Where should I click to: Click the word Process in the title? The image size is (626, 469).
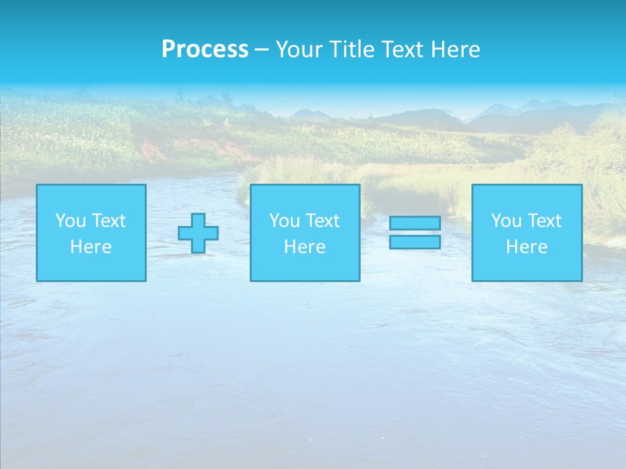pos(205,50)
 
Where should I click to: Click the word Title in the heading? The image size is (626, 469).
pos(350,50)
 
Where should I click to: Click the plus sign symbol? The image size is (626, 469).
pos(198,233)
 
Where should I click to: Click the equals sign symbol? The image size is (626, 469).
pos(415,233)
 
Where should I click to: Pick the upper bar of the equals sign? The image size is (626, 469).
pos(415,223)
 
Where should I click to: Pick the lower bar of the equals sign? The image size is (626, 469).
pos(415,242)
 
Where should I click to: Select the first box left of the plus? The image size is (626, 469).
pos(91,233)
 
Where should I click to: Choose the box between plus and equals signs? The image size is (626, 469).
pos(305,233)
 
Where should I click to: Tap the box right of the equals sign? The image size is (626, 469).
pos(527,233)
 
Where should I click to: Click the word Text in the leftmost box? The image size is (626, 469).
pos(108,221)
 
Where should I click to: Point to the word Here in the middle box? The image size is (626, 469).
pos(305,247)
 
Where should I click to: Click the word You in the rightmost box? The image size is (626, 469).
pos(506,221)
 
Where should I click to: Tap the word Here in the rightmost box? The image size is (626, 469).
pos(527,247)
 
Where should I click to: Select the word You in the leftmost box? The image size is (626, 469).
pos(70,221)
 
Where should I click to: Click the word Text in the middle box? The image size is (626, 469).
pos(322,221)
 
